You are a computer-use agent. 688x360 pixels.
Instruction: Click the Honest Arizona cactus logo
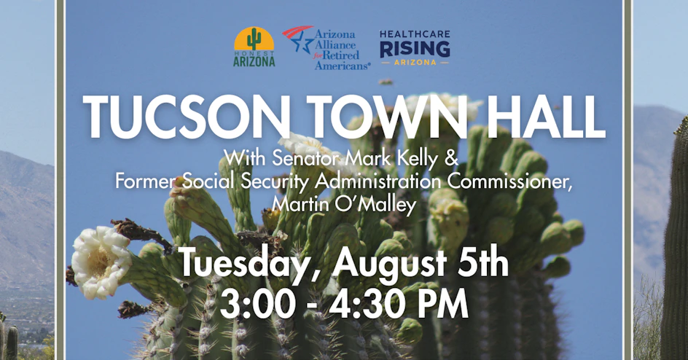tap(254, 47)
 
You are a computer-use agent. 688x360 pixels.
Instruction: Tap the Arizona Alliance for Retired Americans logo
tap(327, 48)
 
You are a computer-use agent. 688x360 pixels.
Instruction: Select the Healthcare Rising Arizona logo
tap(415, 48)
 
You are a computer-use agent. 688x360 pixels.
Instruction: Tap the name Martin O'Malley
tap(343, 204)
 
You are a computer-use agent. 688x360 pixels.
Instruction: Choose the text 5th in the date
tap(485, 262)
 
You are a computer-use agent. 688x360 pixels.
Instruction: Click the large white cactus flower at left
tap(100, 262)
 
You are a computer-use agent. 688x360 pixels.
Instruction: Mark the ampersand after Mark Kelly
tap(451, 158)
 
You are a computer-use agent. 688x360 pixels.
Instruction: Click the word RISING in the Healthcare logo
tap(415, 49)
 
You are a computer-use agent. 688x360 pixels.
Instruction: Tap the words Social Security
tap(247, 181)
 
